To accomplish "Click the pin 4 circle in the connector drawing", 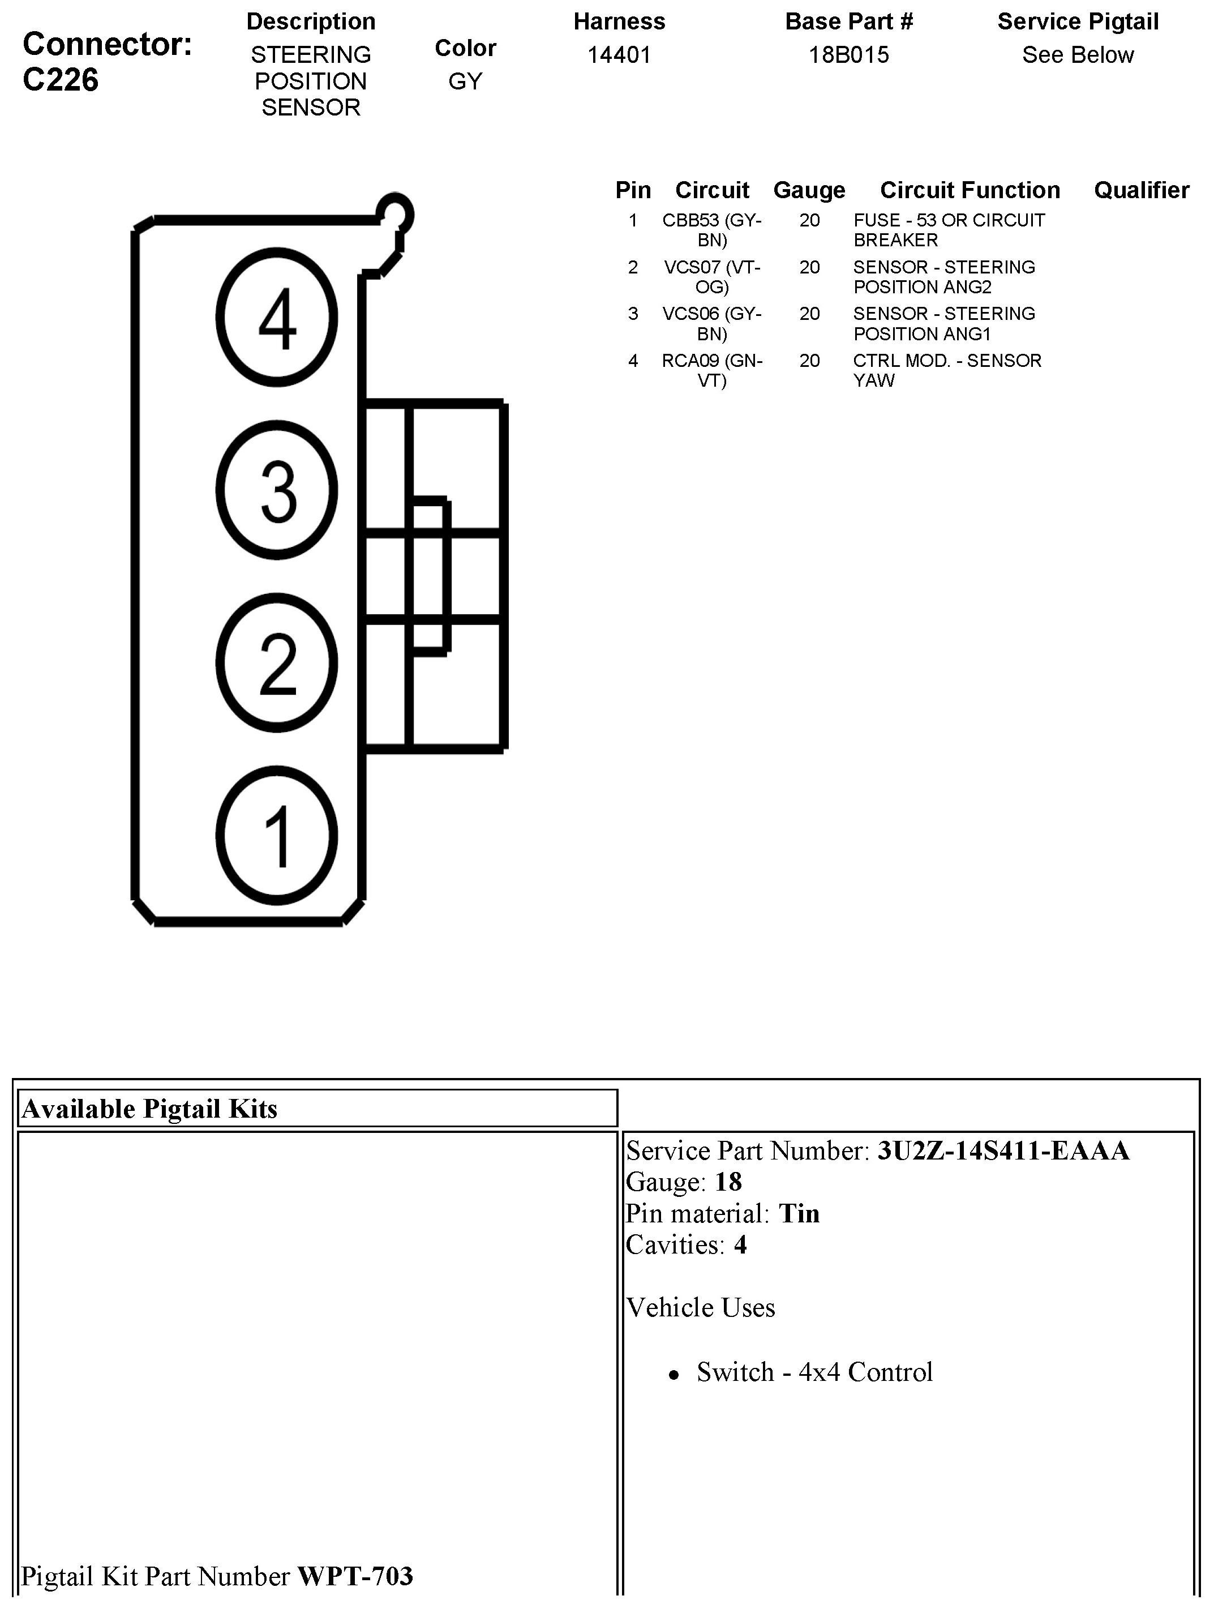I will point(277,317).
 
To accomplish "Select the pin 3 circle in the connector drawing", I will point(277,490).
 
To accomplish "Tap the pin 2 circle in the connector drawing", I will point(277,663).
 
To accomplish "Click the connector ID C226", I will point(61,80).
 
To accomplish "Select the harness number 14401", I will point(619,55).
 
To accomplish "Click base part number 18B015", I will point(848,55).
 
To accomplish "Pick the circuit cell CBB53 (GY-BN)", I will point(712,229).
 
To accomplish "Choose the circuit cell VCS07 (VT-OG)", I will point(712,276).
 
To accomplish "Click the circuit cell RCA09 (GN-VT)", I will point(712,370).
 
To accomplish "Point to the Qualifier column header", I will point(1141,190).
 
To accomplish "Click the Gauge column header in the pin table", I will point(809,190).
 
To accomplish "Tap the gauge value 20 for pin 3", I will point(809,314).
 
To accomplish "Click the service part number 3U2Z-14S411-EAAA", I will point(1003,1150).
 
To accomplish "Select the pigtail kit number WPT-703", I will point(355,1577).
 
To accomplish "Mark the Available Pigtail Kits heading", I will point(150,1109).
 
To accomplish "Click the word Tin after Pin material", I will point(799,1213).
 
